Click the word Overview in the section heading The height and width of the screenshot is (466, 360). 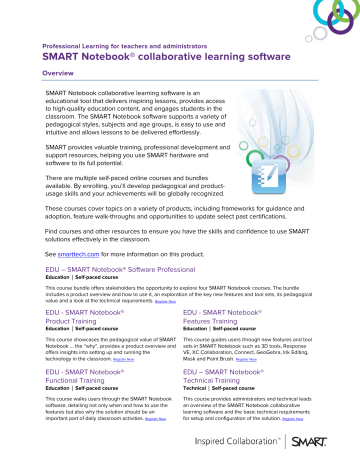click(x=56, y=74)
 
